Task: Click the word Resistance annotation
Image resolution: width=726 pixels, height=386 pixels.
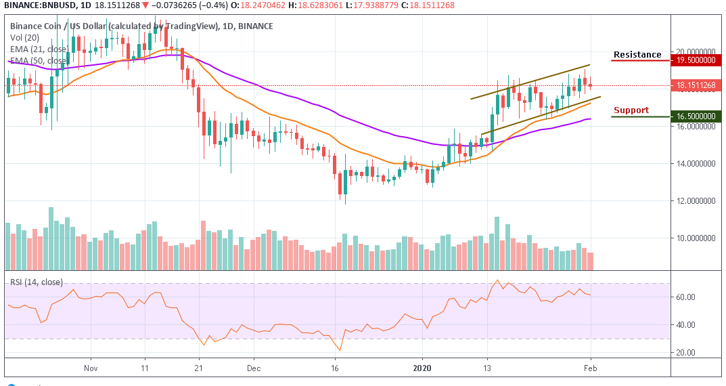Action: pyautogui.click(x=637, y=55)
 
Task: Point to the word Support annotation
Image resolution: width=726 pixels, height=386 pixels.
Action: pyautogui.click(x=631, y=110)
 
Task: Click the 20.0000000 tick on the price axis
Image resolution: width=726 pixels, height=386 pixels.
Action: pyautogui.click(x=695, y=51)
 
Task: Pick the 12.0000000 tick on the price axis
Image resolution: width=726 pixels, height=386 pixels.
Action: pyautogui.click(x=695, y=201)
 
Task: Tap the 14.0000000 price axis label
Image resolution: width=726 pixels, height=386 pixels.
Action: pyautogui.click(x=695, y=164)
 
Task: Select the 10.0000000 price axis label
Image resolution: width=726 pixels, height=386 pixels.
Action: pyautogui.click(x=695, y=238)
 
